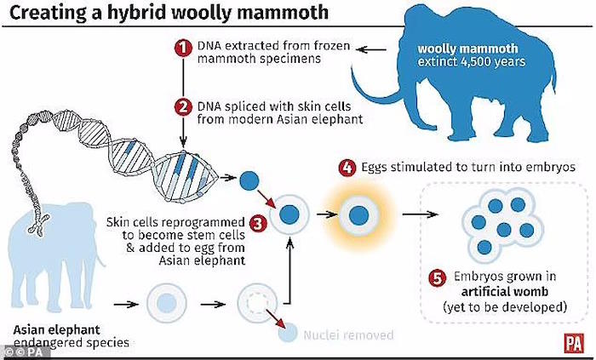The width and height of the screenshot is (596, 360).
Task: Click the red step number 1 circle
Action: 183,48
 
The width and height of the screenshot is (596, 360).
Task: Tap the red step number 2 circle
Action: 183,107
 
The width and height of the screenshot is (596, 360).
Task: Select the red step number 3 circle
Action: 258,223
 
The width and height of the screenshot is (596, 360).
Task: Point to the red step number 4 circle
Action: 347,168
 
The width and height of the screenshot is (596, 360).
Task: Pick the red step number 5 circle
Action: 437,277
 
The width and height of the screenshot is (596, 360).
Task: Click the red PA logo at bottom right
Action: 573,343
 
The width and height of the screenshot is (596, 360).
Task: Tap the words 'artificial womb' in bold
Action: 505,292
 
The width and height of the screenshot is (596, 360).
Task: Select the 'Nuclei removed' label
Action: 348,335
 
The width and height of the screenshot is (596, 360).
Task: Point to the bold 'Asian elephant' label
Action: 57,329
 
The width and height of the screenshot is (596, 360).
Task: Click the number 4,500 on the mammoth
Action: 479,62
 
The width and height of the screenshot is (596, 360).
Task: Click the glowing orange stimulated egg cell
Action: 358,215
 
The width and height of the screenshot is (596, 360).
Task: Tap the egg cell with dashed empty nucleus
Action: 257,304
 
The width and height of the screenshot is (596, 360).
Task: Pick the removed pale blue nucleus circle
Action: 288,333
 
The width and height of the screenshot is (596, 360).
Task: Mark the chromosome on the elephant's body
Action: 38,224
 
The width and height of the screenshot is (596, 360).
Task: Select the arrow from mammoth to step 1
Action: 371,49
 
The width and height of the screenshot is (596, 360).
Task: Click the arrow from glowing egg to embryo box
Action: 420,214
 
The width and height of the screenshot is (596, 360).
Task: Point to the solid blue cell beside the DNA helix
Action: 249,180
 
